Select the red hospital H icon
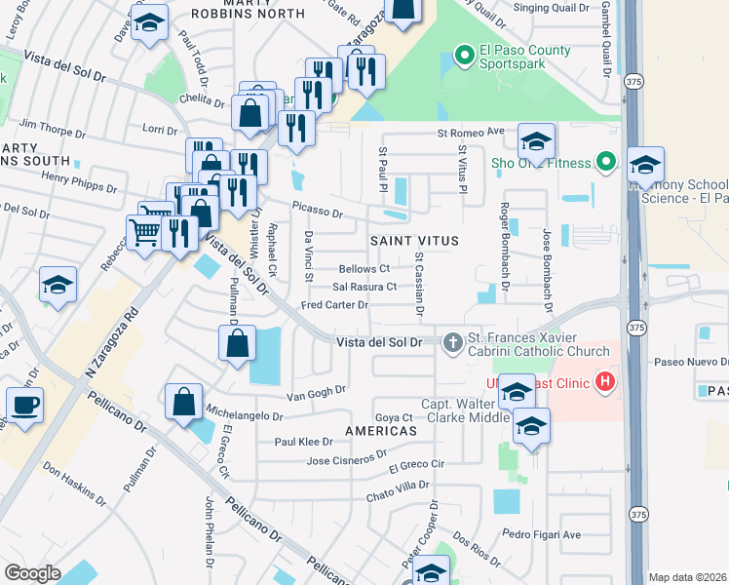tap(605, 382)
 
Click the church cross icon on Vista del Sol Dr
tap(452, 342)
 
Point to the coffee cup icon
tap(24, 404)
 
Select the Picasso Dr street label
tap(317, 213)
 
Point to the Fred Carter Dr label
tap(333, 305)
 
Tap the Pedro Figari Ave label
tap(541, 534)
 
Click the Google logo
tap(32, 573)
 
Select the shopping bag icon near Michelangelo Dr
tap(183, 402)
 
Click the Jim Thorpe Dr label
tap(55, 126)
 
